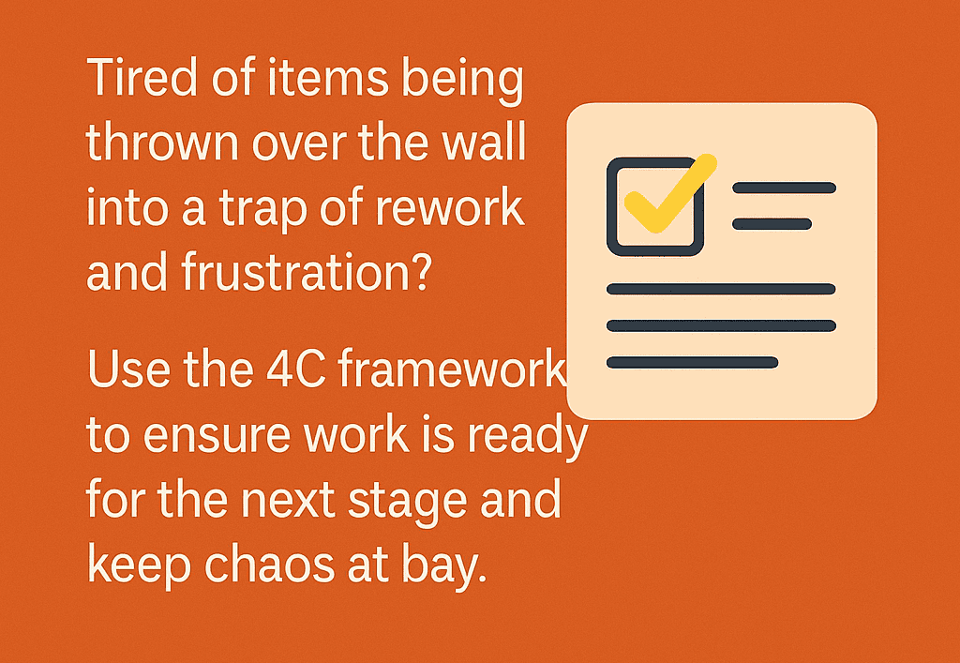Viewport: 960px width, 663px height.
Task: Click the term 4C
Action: (286, 371)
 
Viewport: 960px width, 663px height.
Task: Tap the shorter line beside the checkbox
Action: (772, 223)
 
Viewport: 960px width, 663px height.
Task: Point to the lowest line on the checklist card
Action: (692, 362)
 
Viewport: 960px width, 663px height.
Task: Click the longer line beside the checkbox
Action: (784, 188)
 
